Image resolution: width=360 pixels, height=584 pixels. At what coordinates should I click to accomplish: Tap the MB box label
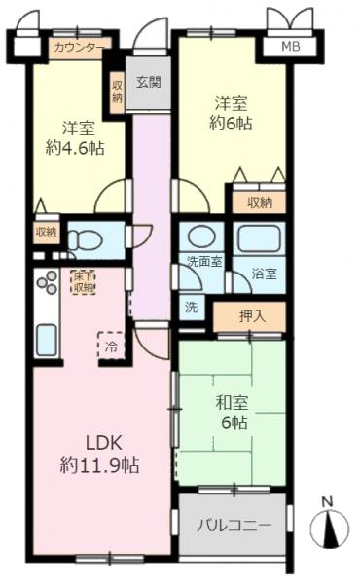point(290,46)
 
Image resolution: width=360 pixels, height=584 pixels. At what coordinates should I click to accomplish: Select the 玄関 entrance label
point(149,81)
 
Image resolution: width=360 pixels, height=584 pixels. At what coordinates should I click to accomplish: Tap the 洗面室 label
point(204,261)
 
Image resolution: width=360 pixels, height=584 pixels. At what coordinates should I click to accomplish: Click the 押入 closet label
point(250,315)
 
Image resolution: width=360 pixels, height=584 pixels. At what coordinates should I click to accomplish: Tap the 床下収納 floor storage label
point(84,281)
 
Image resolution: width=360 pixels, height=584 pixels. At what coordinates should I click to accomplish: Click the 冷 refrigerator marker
point(111,346)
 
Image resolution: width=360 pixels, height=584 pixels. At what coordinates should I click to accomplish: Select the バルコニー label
point(234,526)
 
